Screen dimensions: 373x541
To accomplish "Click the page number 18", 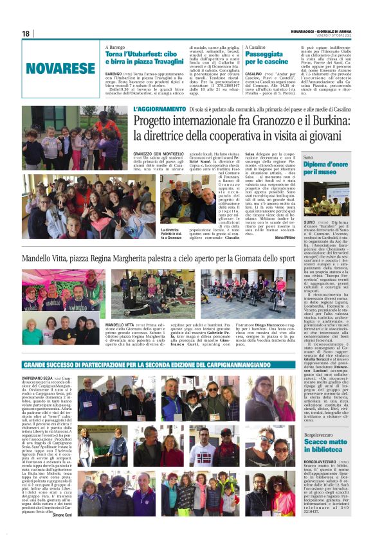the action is click(x=26, y=33).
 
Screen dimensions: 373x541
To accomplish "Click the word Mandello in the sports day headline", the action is click(x=41, y=258).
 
